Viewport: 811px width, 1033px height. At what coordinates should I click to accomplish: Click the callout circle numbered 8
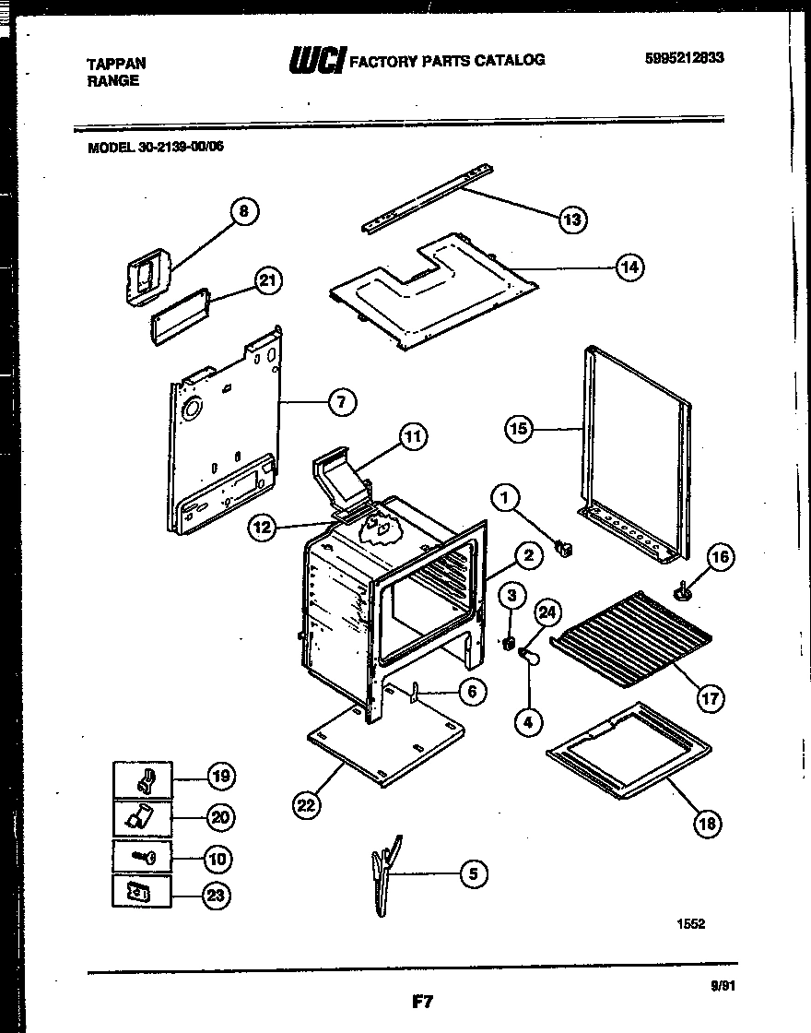pyautogui.click(x=243, y=212)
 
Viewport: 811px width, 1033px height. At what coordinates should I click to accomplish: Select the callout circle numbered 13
pyautogui.click(x=572, y=219)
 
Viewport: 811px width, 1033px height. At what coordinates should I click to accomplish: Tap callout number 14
pyautogui.click(x=629, y=268)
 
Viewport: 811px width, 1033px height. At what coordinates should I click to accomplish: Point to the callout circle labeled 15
pyautogui.click(x=520, y=428)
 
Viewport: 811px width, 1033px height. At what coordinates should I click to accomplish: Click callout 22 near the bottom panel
pyautogui.click(x=306, y=805)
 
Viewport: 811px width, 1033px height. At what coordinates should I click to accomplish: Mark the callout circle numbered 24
pyautogui.click(x=547, y=612)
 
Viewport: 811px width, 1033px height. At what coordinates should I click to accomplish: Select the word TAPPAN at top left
pyautogui.click(x=115, y=64)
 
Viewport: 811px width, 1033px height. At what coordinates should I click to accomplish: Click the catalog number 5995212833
pyautogui.click(x=684, y=57)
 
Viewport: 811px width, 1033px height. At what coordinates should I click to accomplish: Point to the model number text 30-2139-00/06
pyautogui.click(x=181, y=145)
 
